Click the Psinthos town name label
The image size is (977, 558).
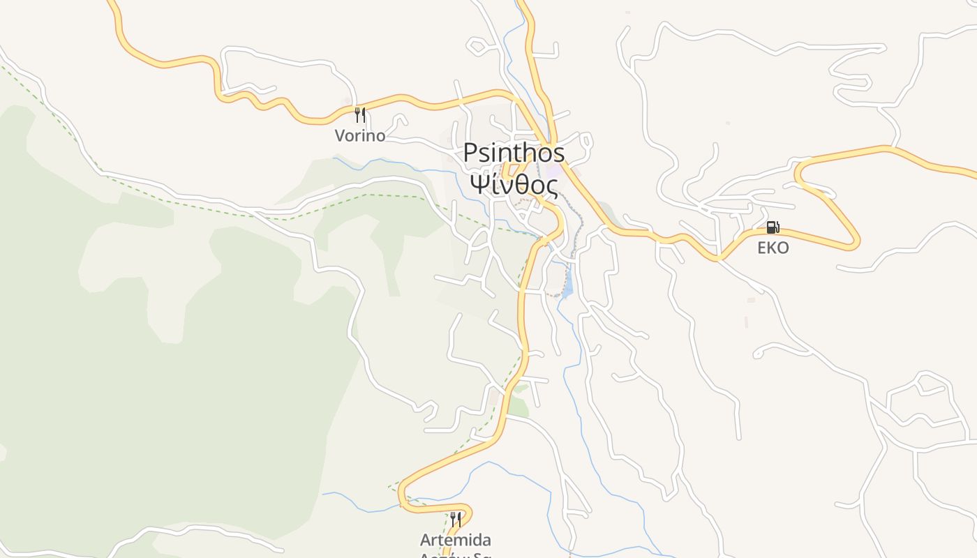tap(514, 152)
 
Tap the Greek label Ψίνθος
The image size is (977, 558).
tap(514, 186)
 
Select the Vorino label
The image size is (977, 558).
tap(359, 135)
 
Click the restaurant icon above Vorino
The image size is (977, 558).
tap(360, 114)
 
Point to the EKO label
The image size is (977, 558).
tap(773, 248)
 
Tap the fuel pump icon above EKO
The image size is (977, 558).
tap(773, 227)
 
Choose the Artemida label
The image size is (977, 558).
tap(455, 540)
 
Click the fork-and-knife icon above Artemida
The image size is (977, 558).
tap(455, 519)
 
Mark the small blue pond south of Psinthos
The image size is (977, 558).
tap(567, 285)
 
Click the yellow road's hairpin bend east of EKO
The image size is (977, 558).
tap(856, 241)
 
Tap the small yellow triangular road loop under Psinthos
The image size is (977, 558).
tap(512, 171)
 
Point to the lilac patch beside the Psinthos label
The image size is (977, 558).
tap(555, 171)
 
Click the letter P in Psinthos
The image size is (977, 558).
tap(472, 152)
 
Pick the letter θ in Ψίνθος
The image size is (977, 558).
tap(517, 186)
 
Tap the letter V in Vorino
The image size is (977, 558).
tap(341, 135)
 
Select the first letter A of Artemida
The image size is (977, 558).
tap(425, 540)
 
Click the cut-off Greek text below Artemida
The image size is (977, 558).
tap(455, 555)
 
